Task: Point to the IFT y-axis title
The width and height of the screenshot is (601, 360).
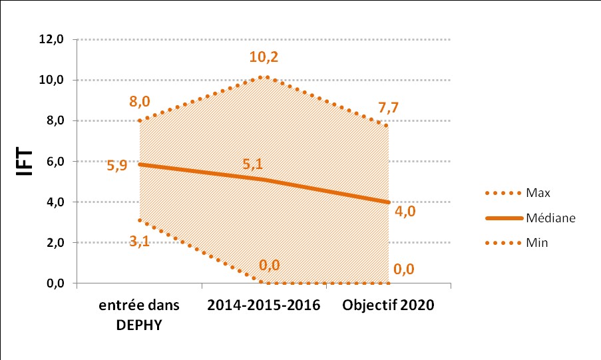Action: [x=24, y=161]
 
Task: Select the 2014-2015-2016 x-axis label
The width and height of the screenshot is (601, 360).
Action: [x=264, y=305]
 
